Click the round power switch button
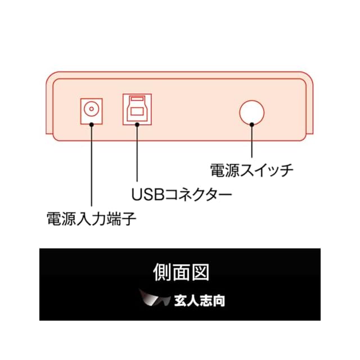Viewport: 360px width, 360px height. pyautogui.click(x=251, y=111)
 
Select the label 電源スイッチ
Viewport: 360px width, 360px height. pyautogui.click(x=251, y=169)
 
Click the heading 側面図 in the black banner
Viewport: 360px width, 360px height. pyautogui.click(x=181, y=272)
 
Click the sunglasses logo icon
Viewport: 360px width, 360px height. pyautogui.click(x=155, y=298)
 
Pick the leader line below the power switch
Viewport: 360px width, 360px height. pyautogui.click(x=251, y=141)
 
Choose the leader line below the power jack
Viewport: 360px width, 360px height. pyautogui.click(x=90, y=169)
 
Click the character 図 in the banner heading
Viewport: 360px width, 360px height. pyautogui.click(x=200, y=272)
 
